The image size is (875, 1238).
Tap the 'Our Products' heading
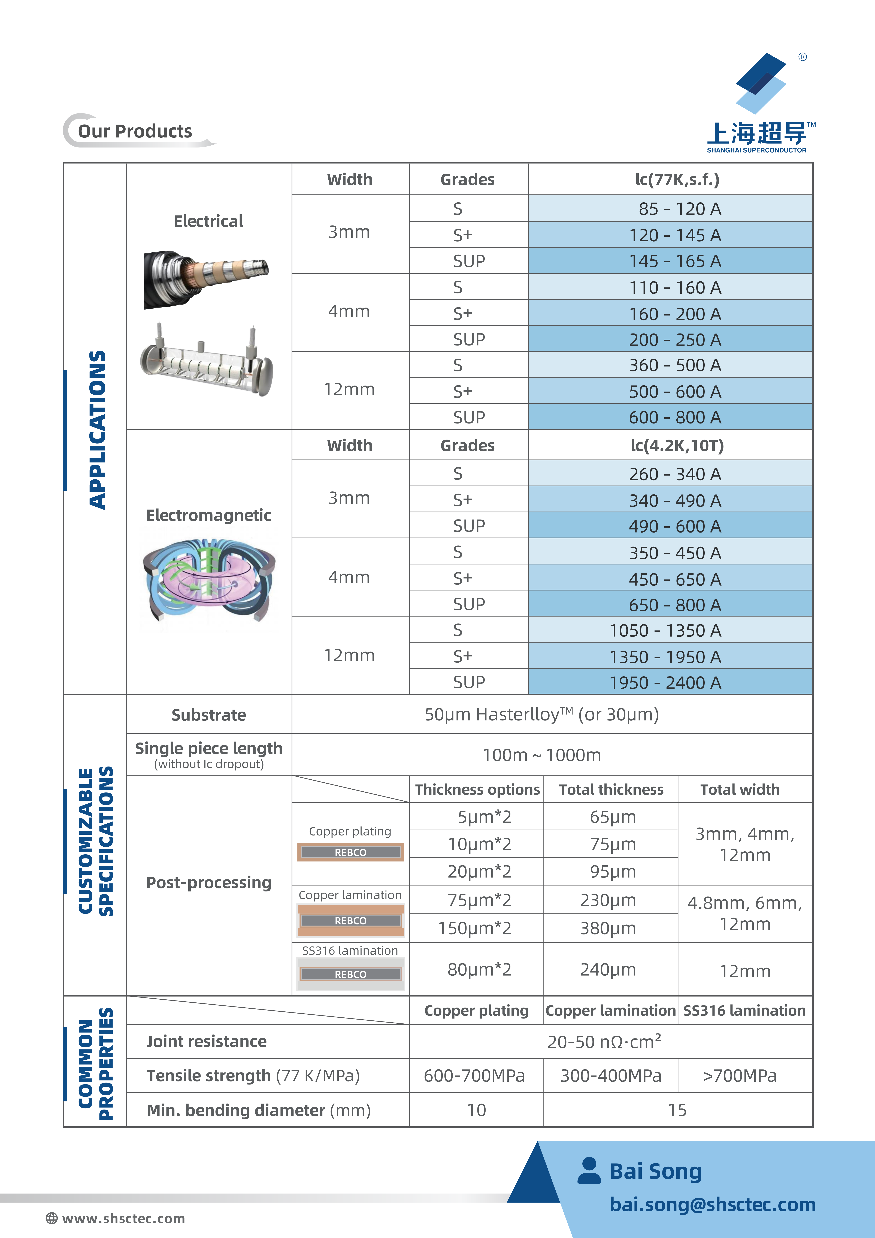(135, 131)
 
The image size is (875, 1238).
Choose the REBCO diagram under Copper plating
(350, 852)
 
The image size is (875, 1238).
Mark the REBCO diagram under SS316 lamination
(350, 974)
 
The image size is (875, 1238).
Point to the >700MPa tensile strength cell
(740, 1076)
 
